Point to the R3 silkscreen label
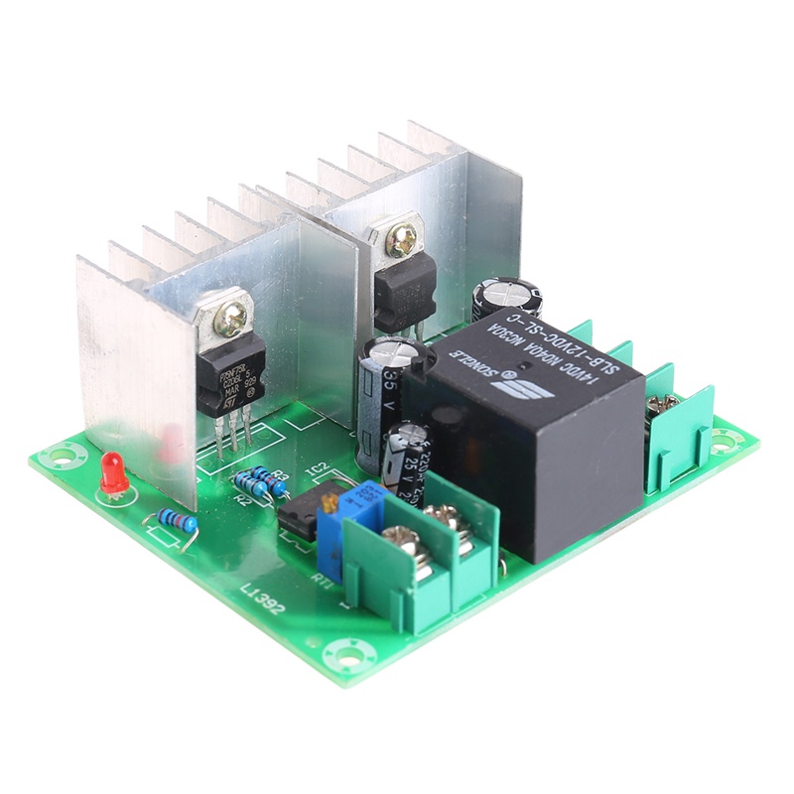(281, 476)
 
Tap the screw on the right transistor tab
(402, 237)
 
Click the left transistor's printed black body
(230, 373)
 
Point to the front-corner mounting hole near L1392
(349, 655)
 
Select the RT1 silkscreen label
(321, 574)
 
